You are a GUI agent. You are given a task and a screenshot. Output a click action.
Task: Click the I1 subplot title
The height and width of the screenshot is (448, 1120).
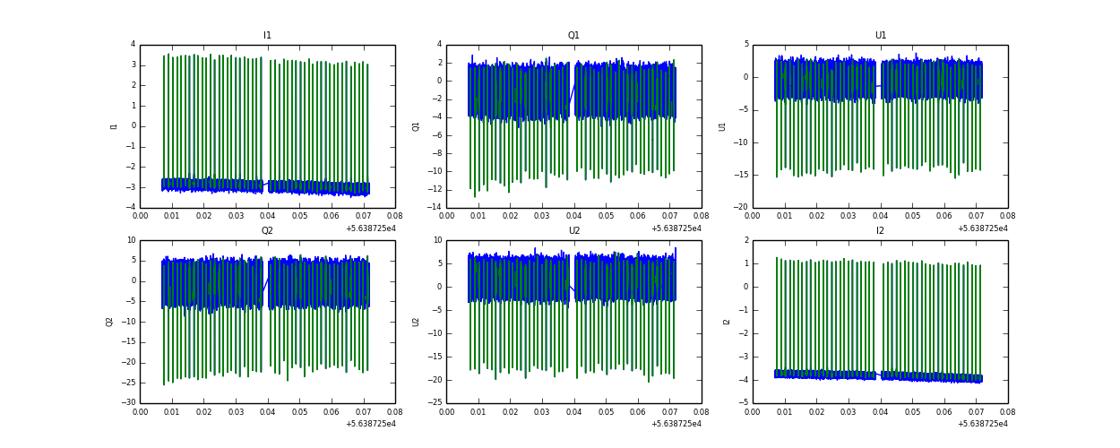pyautogui.click(x=267, y=36)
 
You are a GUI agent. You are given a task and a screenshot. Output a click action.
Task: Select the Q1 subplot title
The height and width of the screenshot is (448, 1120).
pyautogui.click(x=573, y=36)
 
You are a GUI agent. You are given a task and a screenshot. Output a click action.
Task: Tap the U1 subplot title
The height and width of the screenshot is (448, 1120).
pyautogui.click(x=880, y=36)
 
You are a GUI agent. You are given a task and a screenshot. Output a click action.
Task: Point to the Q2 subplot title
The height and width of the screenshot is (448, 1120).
pyautogui.click(x=267, y=230)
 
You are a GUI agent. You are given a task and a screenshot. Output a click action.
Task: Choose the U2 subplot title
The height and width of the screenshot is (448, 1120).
pyautogui.click(x=573, y=230)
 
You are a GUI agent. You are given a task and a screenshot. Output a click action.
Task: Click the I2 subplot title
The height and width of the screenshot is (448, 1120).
pyautogui.click(x=880, y=230)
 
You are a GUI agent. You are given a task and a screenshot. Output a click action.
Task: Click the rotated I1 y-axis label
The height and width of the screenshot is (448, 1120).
pyautogui.click(x=114, y=126)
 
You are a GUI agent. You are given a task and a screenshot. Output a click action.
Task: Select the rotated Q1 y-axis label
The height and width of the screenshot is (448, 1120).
pyautogui.click(x=416, y=126)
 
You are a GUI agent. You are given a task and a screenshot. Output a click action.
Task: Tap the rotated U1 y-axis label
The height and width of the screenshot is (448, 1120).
pyautogui.click(x=722, y=126)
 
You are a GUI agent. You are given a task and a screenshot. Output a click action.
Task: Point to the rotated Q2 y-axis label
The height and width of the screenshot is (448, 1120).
pyautogui.click(x=109, y=321)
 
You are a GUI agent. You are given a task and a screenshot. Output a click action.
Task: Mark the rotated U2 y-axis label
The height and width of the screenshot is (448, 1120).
pyautogui.click(x=416, y=321)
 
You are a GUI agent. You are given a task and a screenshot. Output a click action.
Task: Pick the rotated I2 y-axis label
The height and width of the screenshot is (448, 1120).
pyautogui.click(x=727, y=321)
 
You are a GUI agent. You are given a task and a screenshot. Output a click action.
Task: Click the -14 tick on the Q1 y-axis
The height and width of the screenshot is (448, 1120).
pyautogui.click(x=434, y=208)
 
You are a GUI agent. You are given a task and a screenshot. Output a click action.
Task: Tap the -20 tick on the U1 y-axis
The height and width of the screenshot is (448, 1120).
pyautogui.click(x=740, y=208)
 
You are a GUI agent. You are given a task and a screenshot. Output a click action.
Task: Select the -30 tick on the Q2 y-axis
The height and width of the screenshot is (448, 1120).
pyautogui.click(x=127, y=403)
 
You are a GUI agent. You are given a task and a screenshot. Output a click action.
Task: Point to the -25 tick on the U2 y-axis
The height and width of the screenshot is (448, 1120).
pyautogui.click(x=434, y=403)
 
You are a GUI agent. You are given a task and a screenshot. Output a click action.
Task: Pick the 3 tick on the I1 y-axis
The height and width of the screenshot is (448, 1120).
pyautogui.click(x=133, y=65)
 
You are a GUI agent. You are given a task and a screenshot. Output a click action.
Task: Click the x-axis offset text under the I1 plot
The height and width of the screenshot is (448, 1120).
pyautogui.click(x=370, y=228)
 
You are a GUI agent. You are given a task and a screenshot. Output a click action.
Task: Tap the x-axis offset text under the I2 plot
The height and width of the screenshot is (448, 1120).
pyautogui.click(x=983, y=424)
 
